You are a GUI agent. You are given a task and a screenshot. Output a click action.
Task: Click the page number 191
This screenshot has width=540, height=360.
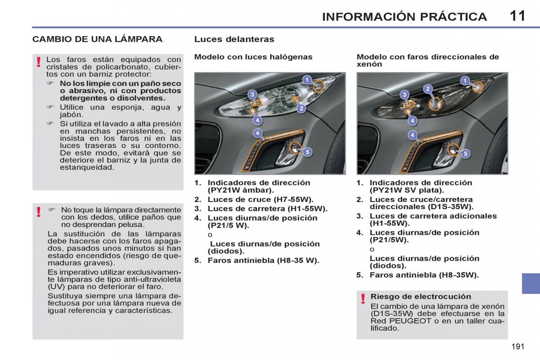[x=518, y=346]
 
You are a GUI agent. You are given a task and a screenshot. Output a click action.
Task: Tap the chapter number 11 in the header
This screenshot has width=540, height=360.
[x=517, y=16]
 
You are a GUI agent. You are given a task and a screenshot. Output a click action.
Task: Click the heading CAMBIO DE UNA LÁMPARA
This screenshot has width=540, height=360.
[x=97, y=39]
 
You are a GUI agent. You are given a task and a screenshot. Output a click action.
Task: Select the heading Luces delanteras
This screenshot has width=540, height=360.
[x=234, y=39]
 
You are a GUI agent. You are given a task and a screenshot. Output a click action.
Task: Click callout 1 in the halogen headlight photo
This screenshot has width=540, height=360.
[x=307, y=80]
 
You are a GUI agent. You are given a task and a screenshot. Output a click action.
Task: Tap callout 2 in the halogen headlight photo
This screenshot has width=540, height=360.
[x=301, y=108]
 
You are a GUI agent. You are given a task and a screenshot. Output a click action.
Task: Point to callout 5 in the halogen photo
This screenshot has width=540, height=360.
[x=307, y=152]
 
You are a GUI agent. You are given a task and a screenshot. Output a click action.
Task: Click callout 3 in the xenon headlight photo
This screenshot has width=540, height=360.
[x=405, y=94]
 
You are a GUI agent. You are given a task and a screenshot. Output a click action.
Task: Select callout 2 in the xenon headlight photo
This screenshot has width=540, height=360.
[x=428, y=89]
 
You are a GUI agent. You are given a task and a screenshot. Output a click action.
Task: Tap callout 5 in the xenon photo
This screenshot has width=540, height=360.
[x=465, y=153]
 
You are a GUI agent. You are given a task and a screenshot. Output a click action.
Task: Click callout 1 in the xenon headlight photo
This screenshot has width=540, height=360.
[x=465, y=80]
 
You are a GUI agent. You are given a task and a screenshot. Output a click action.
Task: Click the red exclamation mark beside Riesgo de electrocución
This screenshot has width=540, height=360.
[x=363, y=299]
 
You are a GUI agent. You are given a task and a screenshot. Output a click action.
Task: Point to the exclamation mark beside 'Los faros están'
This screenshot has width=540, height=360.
[x=39, y=62]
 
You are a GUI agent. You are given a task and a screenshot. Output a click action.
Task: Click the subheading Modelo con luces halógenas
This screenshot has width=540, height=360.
[x=253, y=57]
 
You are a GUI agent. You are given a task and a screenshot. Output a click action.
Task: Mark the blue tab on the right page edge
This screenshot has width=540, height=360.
[x=531, y=283]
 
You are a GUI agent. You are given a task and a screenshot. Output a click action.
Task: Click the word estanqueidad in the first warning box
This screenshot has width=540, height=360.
[x=87, y=167]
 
